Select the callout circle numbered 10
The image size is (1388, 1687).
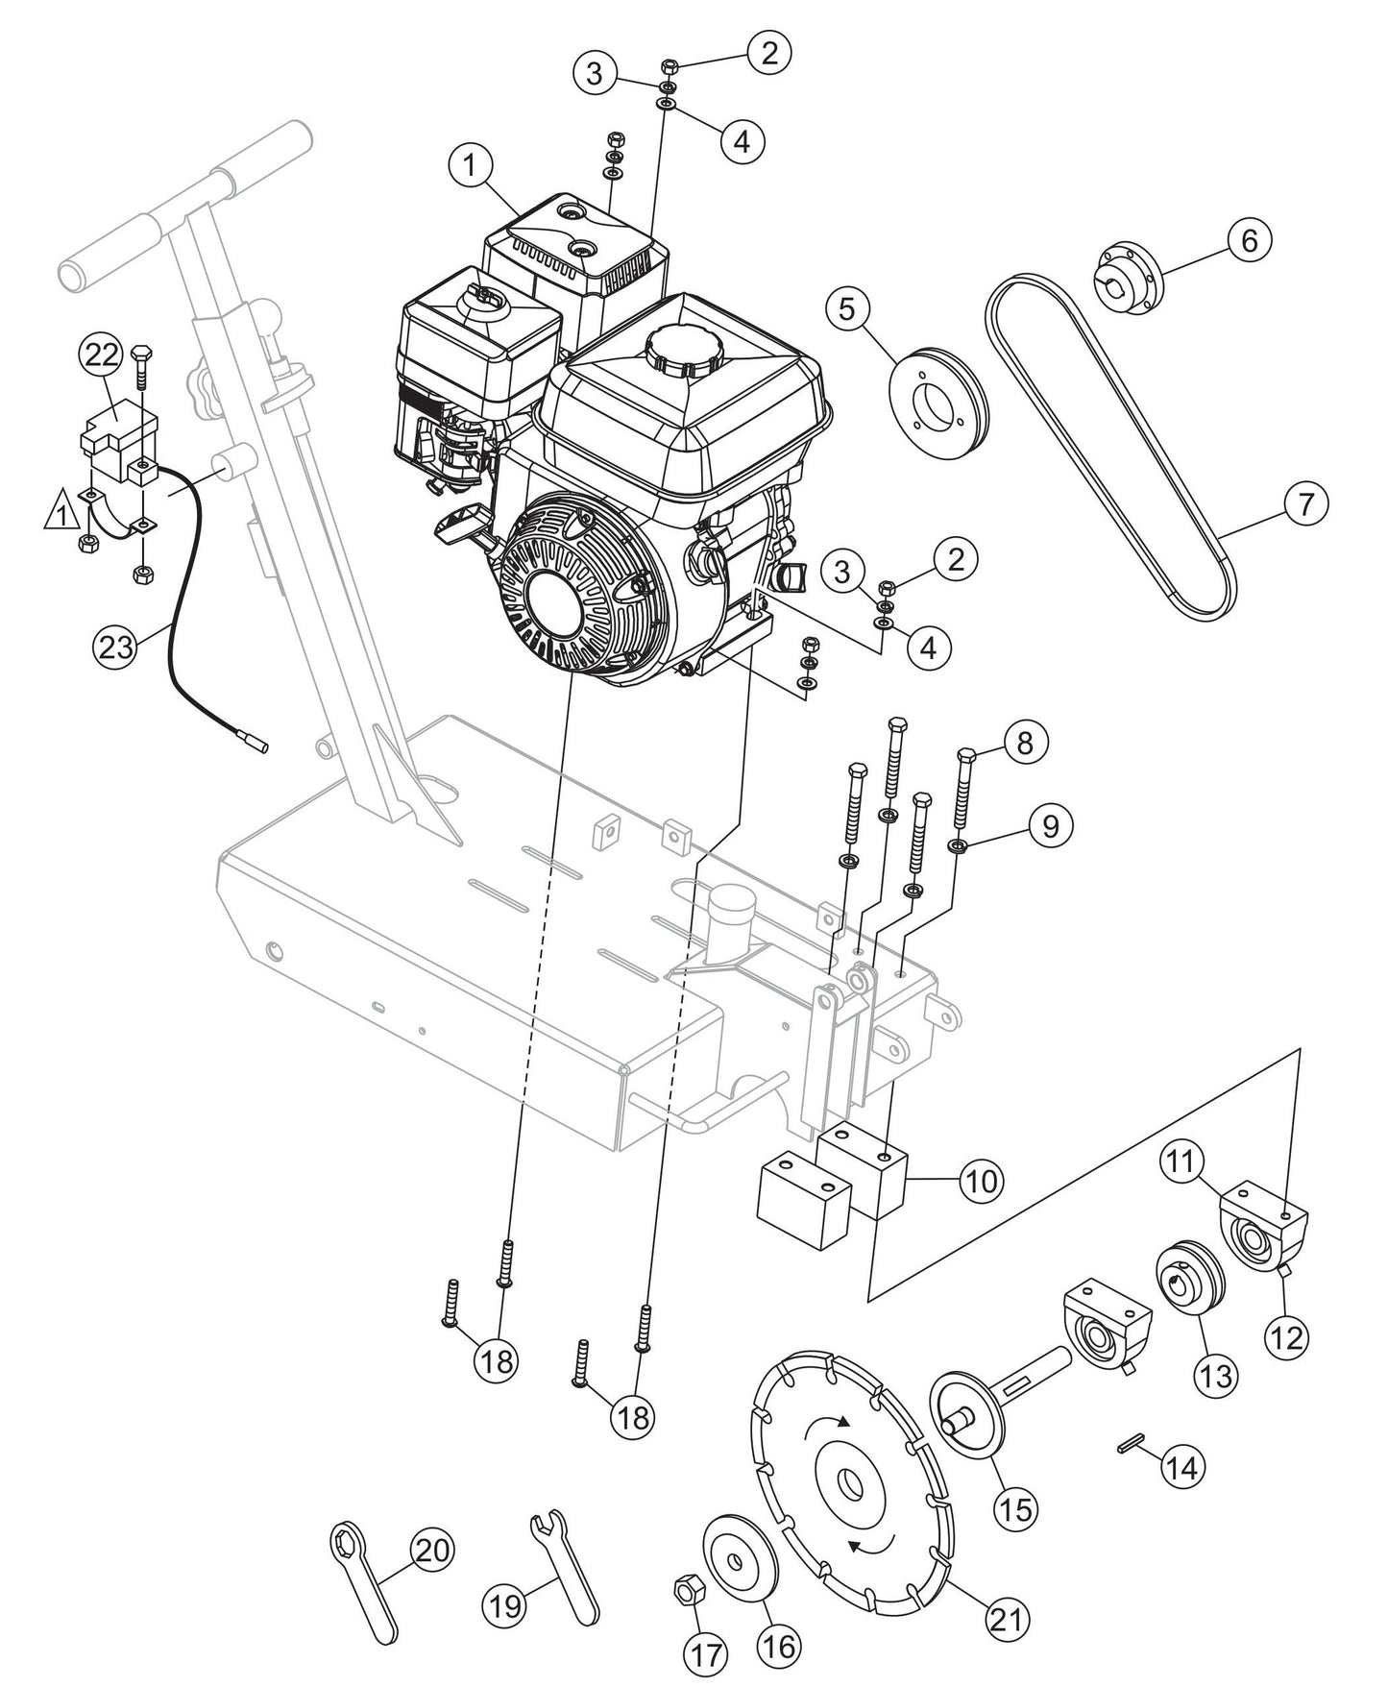click(982, 1181)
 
